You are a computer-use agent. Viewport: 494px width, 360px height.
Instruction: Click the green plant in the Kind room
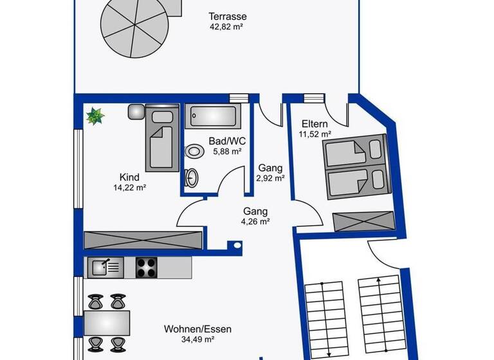tap(95, 116)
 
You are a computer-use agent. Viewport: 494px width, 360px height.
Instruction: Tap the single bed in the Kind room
tap(161, 139)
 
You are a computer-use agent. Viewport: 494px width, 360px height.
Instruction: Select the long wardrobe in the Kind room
tap(143, 240)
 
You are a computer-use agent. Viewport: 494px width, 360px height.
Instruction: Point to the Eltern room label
tap(315, 124)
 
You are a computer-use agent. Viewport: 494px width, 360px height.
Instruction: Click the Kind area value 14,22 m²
tap(129, 188)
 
